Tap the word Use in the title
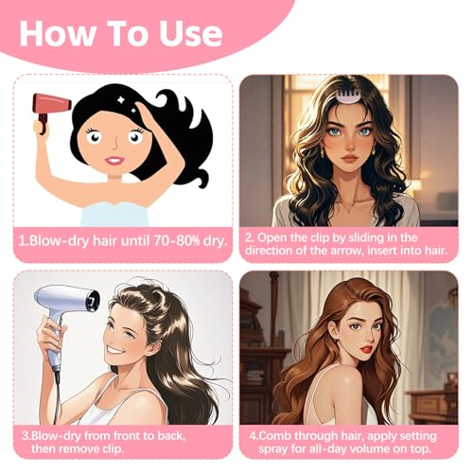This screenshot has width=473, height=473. (x=187, y=35)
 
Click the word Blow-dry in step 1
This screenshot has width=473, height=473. (x=55, y=240)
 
